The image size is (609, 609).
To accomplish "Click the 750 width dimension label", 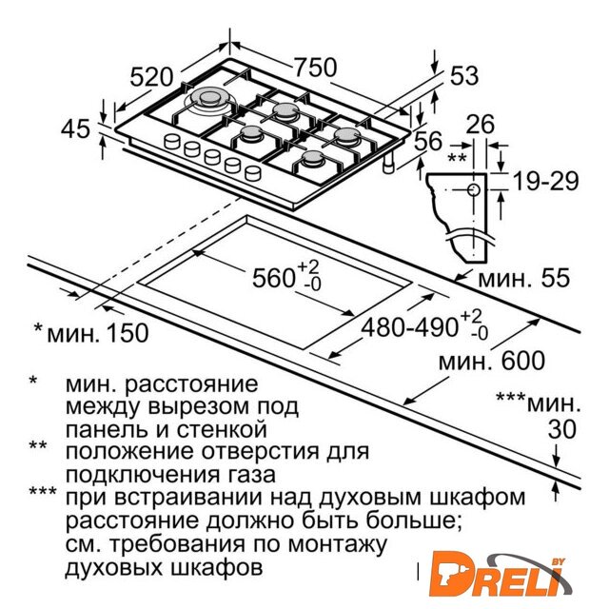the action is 315,68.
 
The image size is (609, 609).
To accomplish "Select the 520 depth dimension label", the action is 150,77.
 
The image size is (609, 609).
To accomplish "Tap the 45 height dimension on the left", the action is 75,128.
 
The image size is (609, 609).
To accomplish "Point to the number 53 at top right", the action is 463,75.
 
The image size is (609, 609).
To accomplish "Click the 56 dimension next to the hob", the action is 428,141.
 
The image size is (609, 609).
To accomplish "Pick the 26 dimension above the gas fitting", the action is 480,125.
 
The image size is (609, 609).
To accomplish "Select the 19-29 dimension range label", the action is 545,181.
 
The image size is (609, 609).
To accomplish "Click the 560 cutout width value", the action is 273,278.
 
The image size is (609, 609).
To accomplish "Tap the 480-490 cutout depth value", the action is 410,326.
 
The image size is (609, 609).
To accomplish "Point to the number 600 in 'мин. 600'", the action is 523,361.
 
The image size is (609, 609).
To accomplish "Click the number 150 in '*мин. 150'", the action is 128,333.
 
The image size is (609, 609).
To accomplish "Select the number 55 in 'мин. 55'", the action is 556,278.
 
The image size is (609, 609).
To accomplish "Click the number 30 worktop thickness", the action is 562,429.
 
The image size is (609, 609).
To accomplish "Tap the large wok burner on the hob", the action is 210,98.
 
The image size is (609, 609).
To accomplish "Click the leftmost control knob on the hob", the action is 172,141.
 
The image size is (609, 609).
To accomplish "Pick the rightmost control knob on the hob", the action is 253,172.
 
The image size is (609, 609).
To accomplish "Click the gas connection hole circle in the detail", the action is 474,190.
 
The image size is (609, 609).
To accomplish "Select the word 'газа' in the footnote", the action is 253,475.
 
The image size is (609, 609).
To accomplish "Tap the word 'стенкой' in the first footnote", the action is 222,429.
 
